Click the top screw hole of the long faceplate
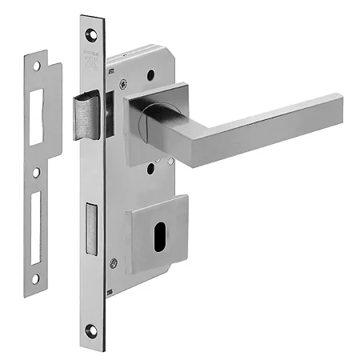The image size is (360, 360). (x=91, y=35)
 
